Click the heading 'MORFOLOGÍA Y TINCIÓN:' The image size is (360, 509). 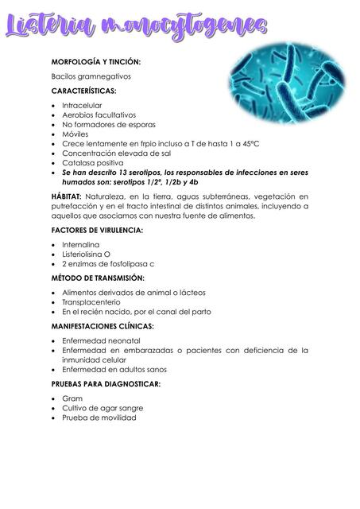coord(96,61)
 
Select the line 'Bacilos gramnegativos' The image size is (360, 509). coord(91,76)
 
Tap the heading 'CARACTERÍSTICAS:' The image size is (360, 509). coord(83,91)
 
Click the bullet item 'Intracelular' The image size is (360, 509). coord(83,105)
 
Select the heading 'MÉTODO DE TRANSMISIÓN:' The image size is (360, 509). coord(97,278)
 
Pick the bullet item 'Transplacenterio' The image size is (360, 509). coord(91,302)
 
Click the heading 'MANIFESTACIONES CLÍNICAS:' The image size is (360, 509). coord(103,326)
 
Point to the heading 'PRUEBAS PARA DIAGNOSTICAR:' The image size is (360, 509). coord(105,384)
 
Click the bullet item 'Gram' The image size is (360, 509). coord(72,398)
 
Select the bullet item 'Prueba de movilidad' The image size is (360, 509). coord(99,418)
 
